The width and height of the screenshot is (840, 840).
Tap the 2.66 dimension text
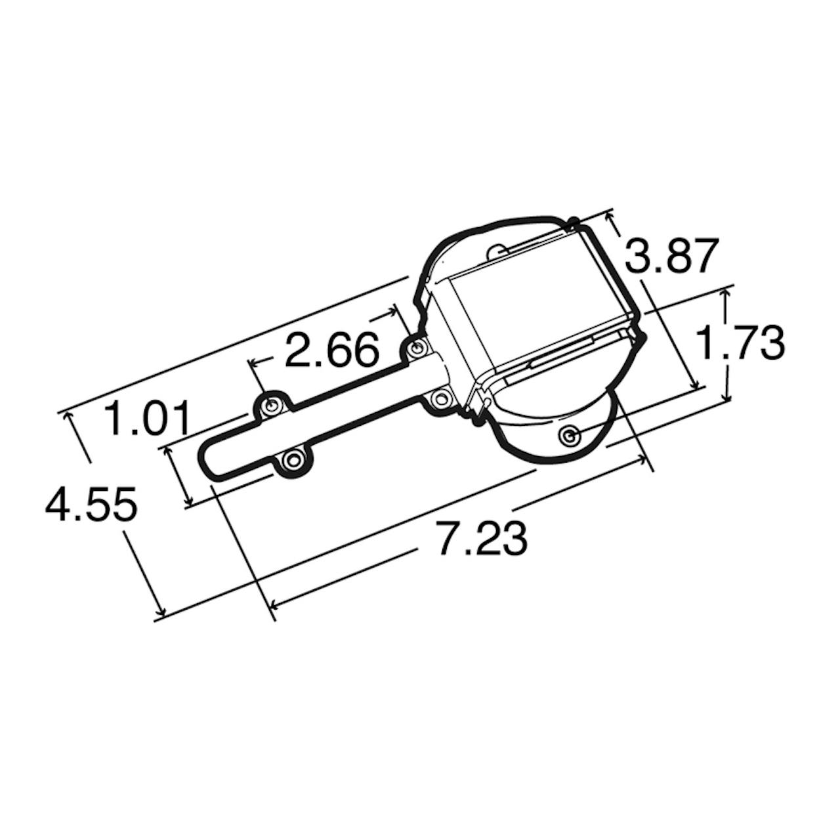pyautogui.click(x=331, y=348)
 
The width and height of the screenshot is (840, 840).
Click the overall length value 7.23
pyautogui.click(x=483, y=537)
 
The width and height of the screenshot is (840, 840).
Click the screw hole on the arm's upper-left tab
pyautogui.click(x=271, y=405)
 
